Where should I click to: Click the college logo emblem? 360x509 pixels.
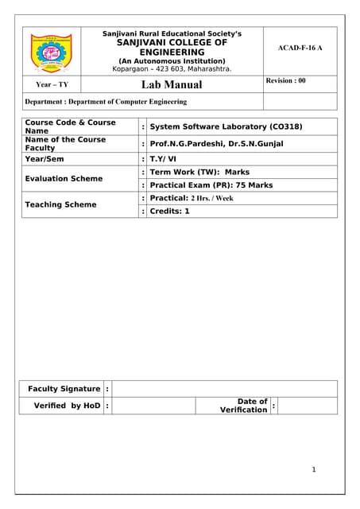[x=51, y=50]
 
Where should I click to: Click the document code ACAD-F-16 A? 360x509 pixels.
[x=300, y=49]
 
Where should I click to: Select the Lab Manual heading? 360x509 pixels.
[x=171, y=84]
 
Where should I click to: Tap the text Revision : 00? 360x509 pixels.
[x=285, y=81]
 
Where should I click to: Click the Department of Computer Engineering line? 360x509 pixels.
[x=106, y=102]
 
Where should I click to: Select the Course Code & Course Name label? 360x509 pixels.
[x=70, y=126]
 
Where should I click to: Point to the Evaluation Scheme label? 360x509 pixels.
[x=64, y=179]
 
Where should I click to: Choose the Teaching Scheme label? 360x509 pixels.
[x=60, y=204]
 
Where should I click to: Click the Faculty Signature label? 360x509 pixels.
[x=64, y=389]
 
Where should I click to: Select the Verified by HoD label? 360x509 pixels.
[x=68, y=406]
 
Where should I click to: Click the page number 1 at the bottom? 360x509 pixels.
[x=314, y=470]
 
